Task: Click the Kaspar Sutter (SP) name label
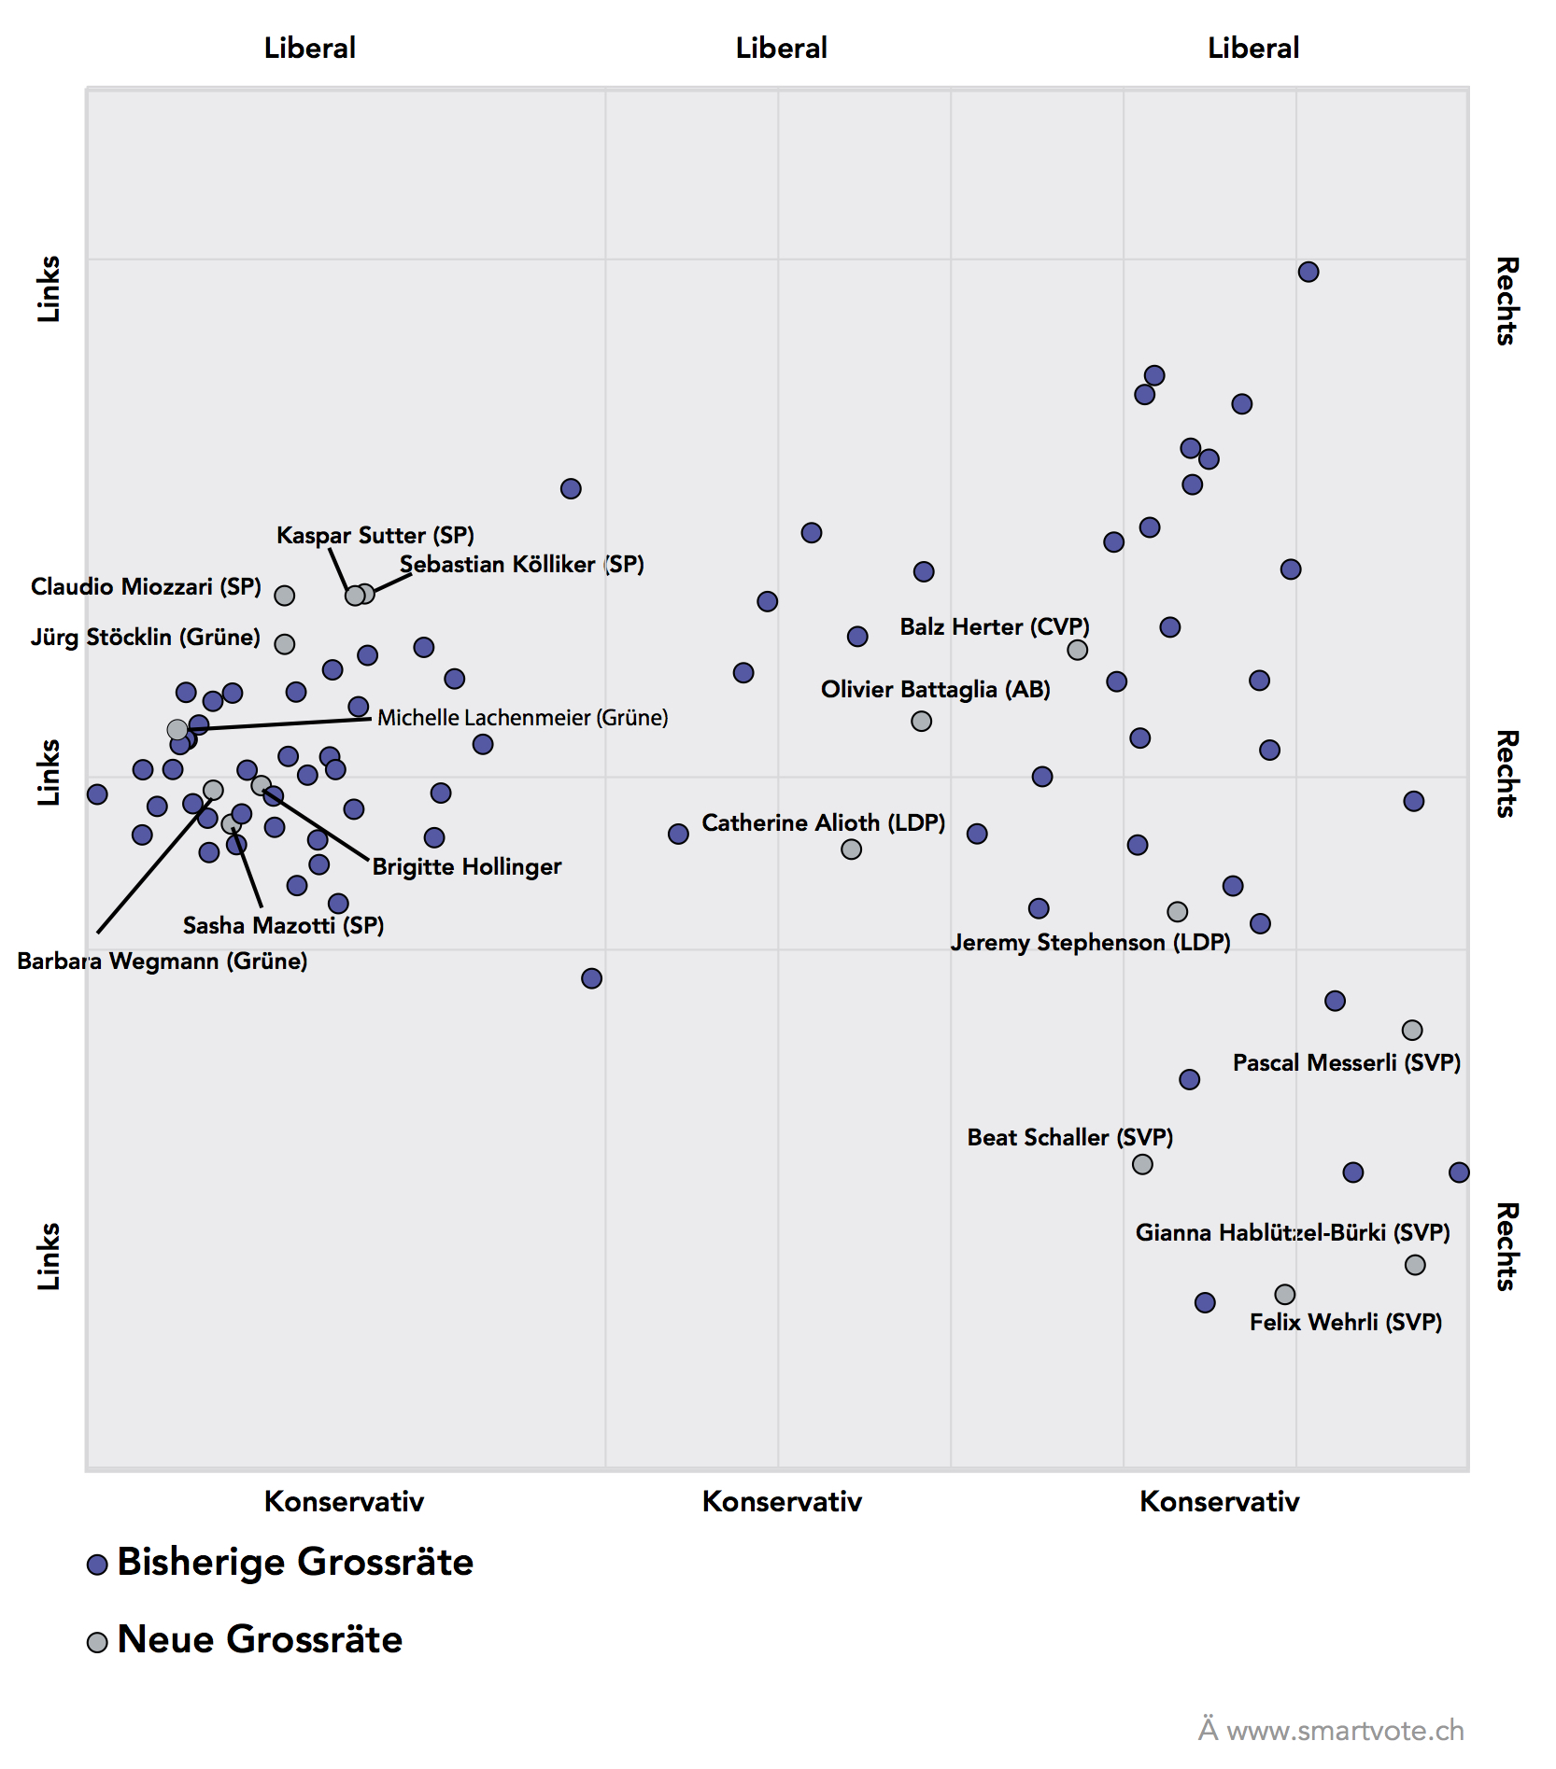[x=375, y=535]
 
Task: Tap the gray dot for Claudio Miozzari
[x=285, y=596]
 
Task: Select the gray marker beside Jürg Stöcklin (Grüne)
[x=285, y=644]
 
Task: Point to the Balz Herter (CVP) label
[x=995, y=626]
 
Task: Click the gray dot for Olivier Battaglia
[x=922, y=721]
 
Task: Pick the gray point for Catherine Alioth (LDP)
[x=851, y=849]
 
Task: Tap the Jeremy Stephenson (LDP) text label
[x=1090, y=942]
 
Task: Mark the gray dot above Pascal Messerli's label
[x=1412, y=1030]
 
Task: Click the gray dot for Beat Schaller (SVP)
[x=1142, y=1164]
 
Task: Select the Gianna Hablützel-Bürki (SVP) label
[x=1293, y=1232]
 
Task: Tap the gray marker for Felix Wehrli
[x=1285, y=1294]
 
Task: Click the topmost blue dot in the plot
[x=1308, y=272]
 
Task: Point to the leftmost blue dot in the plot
[x=97, y=794]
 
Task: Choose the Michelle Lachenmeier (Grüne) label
[x=522, y=718]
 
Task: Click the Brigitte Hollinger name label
[x=467, y=866]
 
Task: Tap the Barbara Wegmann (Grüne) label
[x=163, y=961]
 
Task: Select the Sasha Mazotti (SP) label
[x=283, y=925]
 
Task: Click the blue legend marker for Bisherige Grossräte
[x=97, y=1564]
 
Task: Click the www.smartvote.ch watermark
[x=1344, y=1730]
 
